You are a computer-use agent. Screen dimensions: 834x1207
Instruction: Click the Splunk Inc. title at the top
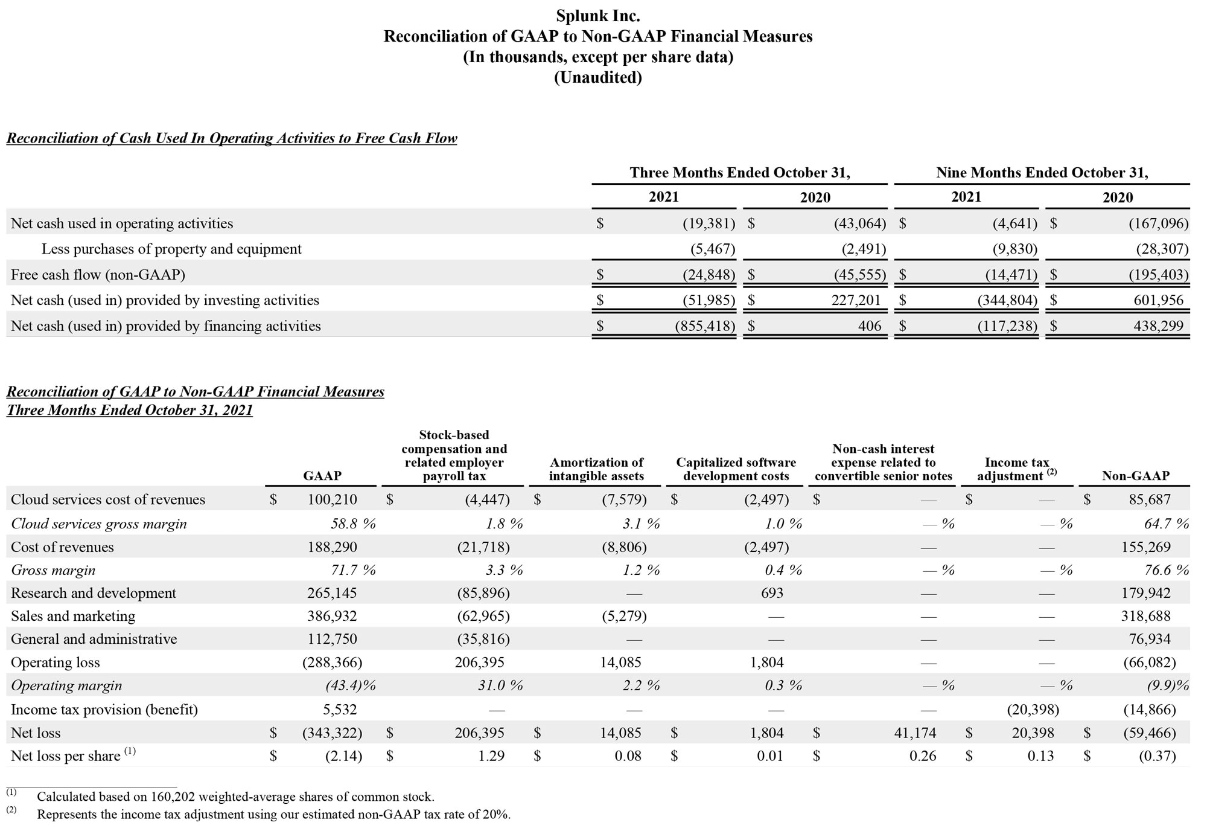tap(597, 16)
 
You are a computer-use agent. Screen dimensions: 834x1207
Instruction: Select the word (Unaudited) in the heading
tap(597, 77)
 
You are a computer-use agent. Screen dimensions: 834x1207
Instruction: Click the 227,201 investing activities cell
tap(855, 300)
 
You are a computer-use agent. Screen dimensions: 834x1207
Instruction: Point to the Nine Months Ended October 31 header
tap(1042, 173)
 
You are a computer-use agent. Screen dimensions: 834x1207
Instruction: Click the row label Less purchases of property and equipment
tap(171, 249)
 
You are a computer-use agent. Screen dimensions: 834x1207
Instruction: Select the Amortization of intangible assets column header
tap(596, 469)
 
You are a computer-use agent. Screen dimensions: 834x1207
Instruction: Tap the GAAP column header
tap(322, 476)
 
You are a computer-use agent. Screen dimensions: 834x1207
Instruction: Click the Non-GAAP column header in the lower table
tap(1135, 476)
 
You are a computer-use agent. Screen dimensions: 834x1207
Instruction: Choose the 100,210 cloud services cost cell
tap(332, 499)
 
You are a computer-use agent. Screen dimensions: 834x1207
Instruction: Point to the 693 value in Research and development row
tap(772, 593)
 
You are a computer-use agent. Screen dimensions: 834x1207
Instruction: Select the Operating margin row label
tap(66, 685)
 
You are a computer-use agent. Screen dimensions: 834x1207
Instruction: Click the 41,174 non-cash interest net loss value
tap(915, 733)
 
